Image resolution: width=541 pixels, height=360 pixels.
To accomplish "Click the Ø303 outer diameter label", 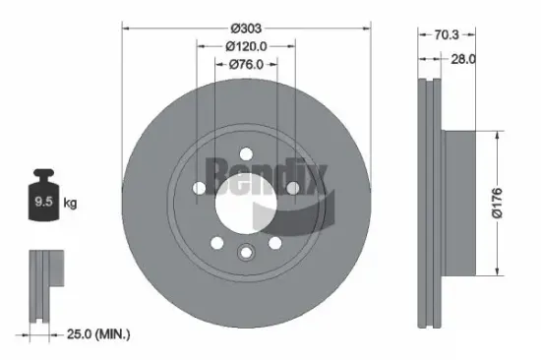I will click(x=245, y=29).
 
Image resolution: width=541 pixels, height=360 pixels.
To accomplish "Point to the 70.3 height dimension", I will click(x=447, y=33).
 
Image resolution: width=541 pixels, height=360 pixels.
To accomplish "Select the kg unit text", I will click(x=69, y=205).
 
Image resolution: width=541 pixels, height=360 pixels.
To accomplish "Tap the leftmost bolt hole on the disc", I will click(x=199, y=189).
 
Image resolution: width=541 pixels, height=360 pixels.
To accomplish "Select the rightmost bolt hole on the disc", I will click(x=291, y=189).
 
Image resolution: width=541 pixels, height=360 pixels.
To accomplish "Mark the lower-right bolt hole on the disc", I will click(x=274, y=243).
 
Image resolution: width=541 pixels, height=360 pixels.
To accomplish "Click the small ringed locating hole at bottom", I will click(x=245, y=254).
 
